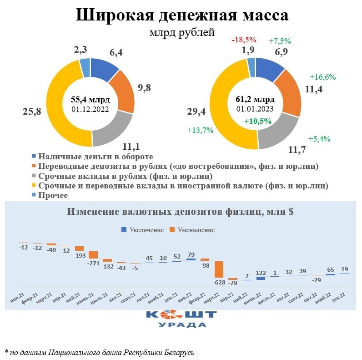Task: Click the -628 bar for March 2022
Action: (x=219, y=269)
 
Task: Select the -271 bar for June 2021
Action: (x=93, y=254)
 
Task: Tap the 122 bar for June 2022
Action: (x=261, y=278)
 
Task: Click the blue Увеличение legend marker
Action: (x=124, y=230)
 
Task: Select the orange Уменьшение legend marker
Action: (x=172, y=230)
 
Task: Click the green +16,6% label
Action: (x=322, y=77)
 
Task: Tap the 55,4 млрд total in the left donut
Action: (x=90, y=100)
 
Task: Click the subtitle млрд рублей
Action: (x=181, y=33)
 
